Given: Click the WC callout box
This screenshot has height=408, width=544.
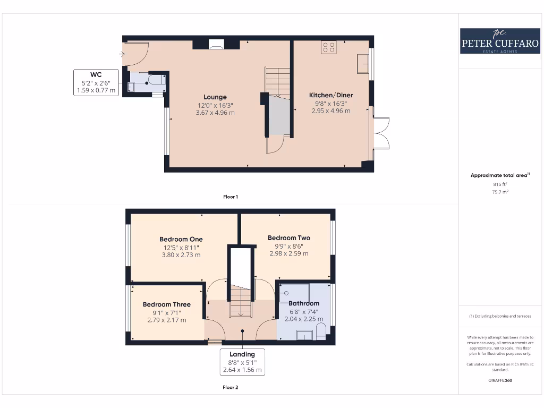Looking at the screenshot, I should [x=96, y=82].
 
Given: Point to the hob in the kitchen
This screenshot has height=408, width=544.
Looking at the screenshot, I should [x=328, y=47].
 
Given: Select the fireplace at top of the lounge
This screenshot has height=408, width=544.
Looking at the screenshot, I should [x=216, y=45].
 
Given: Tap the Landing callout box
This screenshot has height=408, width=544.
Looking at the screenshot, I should [x=242, y=362].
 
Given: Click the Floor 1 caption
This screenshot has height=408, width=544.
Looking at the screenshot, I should [x=230, y=197].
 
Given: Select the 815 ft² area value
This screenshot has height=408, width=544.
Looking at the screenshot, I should [x=499, y=184].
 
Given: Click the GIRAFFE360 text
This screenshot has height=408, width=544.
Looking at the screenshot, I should [x=499, y=380].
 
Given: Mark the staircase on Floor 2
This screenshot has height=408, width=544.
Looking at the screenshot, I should [x=241, y=301].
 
